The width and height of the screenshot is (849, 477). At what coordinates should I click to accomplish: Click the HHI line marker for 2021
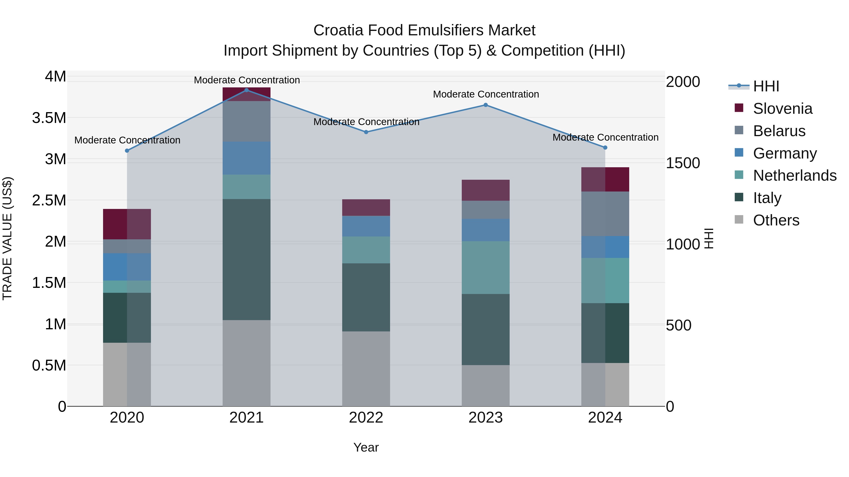[x=246, y=90]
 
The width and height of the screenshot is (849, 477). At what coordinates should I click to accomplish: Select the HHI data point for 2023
[x=486, y=105]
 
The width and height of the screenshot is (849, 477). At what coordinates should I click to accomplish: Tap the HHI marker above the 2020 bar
[x=127, y=151]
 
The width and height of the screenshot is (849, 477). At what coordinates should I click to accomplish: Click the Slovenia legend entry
[x=782, y=109]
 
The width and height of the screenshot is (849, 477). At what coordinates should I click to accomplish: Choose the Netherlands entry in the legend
[x=795, y=175]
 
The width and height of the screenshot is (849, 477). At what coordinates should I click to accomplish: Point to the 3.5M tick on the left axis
[x=49, y=118]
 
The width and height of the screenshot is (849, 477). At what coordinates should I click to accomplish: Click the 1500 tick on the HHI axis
[x=683, y=163]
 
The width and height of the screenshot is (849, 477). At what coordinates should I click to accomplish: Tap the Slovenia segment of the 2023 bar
[x=486, y=190]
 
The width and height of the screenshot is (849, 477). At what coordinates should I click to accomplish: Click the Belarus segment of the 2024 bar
[x=605, y=214]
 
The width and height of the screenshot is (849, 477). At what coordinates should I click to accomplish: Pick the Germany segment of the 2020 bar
[x=127, y=267]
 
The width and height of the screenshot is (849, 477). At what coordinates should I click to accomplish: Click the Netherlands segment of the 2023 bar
[x=486, y=268]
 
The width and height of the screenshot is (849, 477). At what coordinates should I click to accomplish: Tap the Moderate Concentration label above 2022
[x=366, y=122]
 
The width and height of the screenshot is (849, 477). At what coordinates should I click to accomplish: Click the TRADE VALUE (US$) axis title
[x=7, y=238]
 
